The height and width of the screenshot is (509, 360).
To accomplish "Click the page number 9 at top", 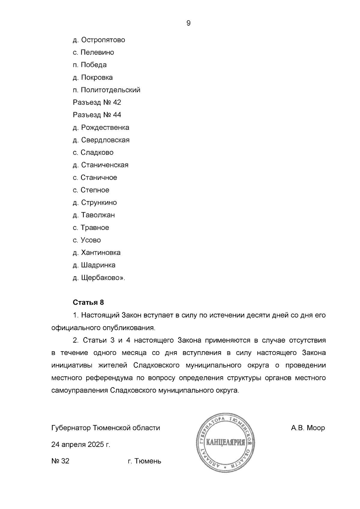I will click(x=188, y=23).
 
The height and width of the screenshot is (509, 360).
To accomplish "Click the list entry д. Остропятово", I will click(x=99, y=40).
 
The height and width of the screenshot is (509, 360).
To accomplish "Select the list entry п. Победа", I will click(x=89, y=65).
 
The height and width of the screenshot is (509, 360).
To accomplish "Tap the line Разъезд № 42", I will click(x=97, y=102).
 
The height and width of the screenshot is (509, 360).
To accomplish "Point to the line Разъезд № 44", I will click(x=97, y=115).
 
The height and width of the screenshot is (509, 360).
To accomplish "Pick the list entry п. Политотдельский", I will click(x=106, y=90).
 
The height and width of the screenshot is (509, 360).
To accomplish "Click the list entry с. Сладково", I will click(x=93, y=152).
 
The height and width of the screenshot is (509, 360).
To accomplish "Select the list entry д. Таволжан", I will click(x=94, y=215).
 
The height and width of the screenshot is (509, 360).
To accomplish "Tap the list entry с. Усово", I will click(x=87, y=240).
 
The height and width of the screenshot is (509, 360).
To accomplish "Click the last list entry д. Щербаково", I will click(x=99, y=278).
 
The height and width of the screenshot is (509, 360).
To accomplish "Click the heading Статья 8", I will click(x=88, y=302).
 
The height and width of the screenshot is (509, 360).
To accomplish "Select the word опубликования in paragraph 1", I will click(x=132, y=328).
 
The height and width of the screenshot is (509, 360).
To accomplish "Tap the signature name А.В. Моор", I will click(x=308, y=428).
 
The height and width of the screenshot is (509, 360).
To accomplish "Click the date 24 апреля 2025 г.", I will click(x=81, y=445).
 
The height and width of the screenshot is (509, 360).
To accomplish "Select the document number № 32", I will click(x=60, y=461).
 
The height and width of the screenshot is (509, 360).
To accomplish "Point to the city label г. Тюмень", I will click(x=144, y=461).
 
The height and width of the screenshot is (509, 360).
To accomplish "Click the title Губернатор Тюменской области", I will click(x=106, y=428).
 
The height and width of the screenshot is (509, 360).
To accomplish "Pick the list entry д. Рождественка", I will click(x=101, y=127).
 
